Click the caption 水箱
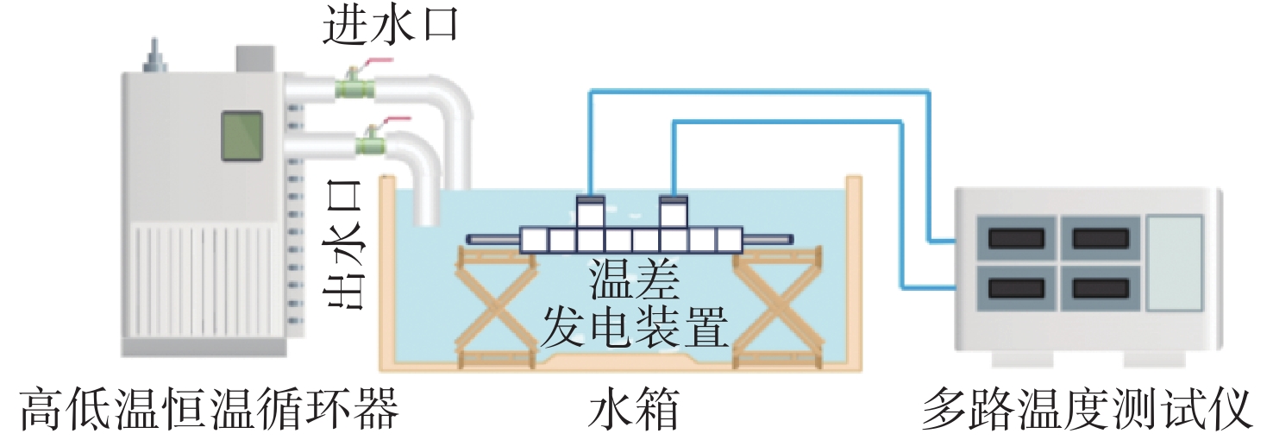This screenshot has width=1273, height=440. click(x=635, y=409)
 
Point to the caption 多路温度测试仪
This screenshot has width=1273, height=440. click(x=1087, y=409)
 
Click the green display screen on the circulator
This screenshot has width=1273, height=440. click(x=241, y=136)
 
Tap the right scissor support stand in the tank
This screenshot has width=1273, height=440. click(x=775, y=306)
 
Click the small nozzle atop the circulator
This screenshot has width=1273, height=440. click(x=156, y=57)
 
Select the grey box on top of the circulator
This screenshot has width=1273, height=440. click(x=255, y=58)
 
